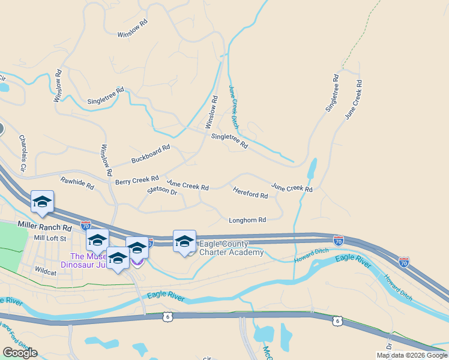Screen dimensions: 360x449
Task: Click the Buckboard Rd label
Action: pyautogui.click(x=151, y=154)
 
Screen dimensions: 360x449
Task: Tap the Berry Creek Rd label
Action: pyautogui.click(x=137, y=180)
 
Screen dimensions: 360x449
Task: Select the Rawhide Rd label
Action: pyautogui.click(x=77, y=183)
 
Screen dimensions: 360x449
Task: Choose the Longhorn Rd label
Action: pyautogui.click(x=247, y=220)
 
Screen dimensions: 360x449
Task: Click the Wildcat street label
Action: pyautogui.click(x=46, y=271)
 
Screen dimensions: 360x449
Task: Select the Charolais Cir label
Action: pyautogui.click(x=23, y=152)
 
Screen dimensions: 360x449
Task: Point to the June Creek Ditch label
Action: pyautogui.click(x=234, y=106)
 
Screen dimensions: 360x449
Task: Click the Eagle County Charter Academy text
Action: pyautogui.click(x=231, y=248)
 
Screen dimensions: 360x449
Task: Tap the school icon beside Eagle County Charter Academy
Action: pyautogui.click(x=184, y=241)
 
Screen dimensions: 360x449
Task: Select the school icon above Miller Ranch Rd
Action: pyautogui.click(x=42, y=202)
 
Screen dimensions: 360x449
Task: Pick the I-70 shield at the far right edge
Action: pyautogui.click(x=403, y=262)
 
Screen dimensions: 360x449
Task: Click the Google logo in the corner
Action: pyautogui.click(x=20, y=353)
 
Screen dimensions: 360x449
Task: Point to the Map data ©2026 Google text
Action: pyautogui.click(x=412, y=355)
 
